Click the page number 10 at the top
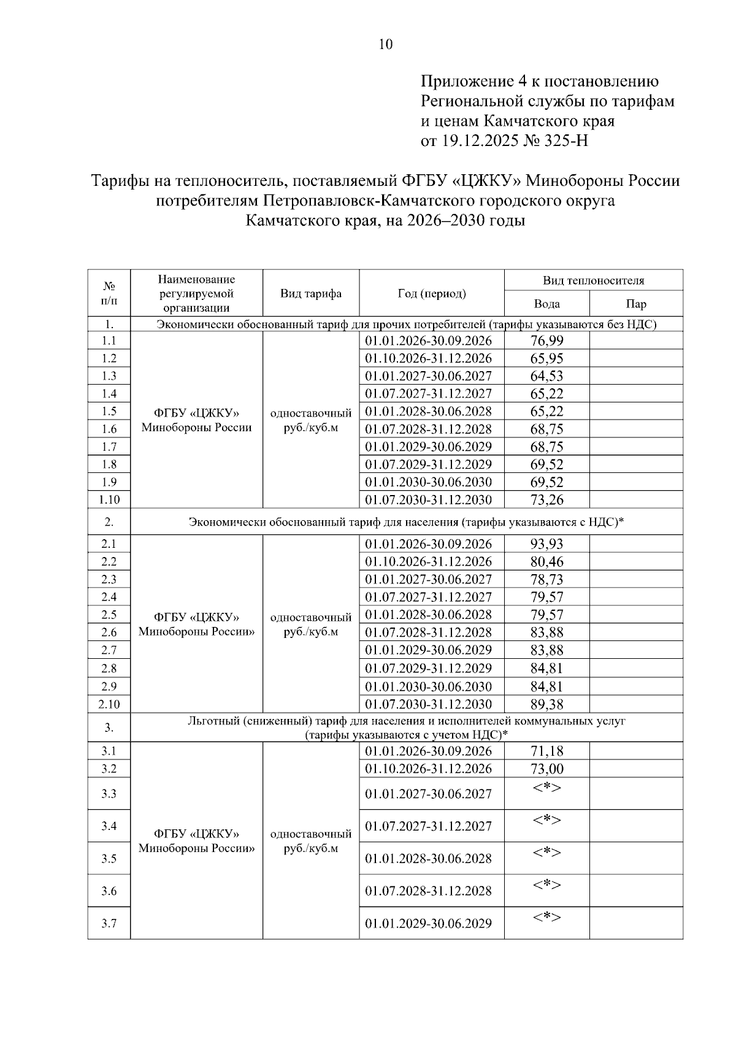click(386, 44)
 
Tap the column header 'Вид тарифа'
click(311, 293)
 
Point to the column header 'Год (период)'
click(432, 293)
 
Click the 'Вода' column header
click(546, 304)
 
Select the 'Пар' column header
click(636, 304)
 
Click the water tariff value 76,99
click(546, 341)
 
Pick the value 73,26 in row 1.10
click(546, 500)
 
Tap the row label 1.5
click(109, 411)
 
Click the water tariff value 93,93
click(546, 544)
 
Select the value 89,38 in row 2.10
click(546, 704)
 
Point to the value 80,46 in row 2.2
click(546, 562)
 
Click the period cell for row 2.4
click(429, 597)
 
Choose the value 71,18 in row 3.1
click(546, 751)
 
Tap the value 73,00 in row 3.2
click(546, 769)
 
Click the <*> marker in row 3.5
click(546, 852)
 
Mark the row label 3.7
click(109, 924)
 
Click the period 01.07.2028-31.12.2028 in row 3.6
click(429, 891)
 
